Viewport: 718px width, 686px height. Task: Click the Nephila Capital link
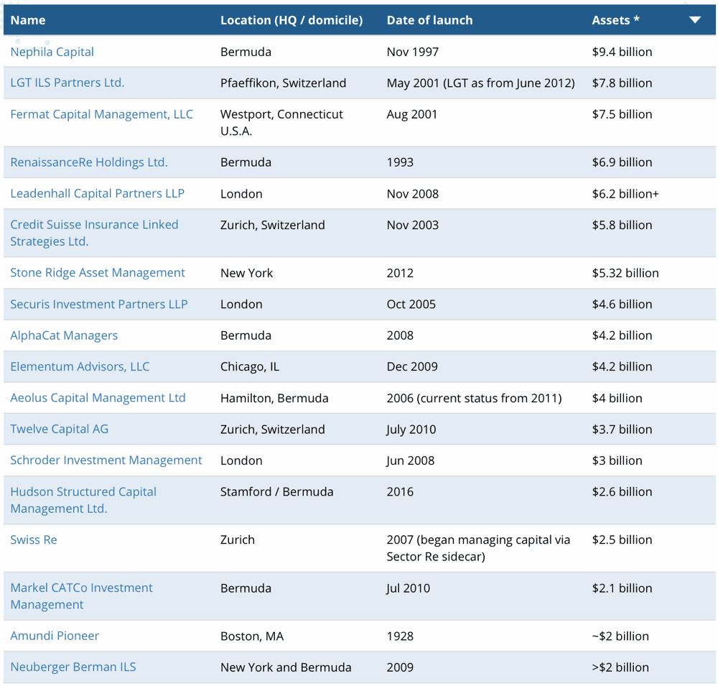(52, 52)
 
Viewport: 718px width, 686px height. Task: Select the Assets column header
(615, 20)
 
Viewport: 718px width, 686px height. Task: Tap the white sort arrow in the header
(695, 19)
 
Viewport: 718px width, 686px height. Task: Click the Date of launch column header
(429, 20)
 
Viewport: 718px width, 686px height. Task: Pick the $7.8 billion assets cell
(622, 83)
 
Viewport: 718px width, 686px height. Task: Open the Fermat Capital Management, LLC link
(102, 114)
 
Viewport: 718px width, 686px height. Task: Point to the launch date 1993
(400, 162)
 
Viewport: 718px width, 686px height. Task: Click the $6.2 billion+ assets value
(625, 194)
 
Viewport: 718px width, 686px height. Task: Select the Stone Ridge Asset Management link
(98, 273)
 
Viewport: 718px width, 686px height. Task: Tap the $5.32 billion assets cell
(625, 273)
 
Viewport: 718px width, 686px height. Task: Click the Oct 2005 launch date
(411, 305)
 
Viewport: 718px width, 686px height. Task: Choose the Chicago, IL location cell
(250, 366)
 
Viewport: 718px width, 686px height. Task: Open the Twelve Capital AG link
(59, 429)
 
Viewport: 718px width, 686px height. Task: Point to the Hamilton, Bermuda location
(274, 398)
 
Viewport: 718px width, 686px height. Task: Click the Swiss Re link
(34, 539)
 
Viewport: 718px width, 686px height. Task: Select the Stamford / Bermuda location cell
(276, 492)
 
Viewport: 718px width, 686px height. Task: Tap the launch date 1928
(400, 636)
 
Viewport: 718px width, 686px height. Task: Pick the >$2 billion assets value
(620, 667)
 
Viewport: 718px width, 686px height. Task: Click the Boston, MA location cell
(252, 636)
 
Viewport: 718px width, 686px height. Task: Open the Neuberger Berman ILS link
(73, 667)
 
